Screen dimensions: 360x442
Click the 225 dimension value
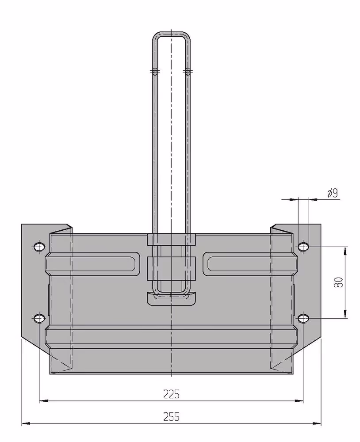171,394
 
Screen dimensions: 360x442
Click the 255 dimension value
171,416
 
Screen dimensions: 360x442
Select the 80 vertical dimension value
338,282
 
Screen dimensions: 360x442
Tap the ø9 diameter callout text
332,194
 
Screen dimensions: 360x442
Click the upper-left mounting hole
39,247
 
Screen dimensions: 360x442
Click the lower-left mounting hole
39,319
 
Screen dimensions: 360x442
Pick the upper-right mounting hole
303,247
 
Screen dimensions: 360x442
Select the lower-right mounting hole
303,319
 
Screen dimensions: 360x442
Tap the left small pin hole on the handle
155,72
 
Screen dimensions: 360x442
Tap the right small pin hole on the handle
188,72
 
